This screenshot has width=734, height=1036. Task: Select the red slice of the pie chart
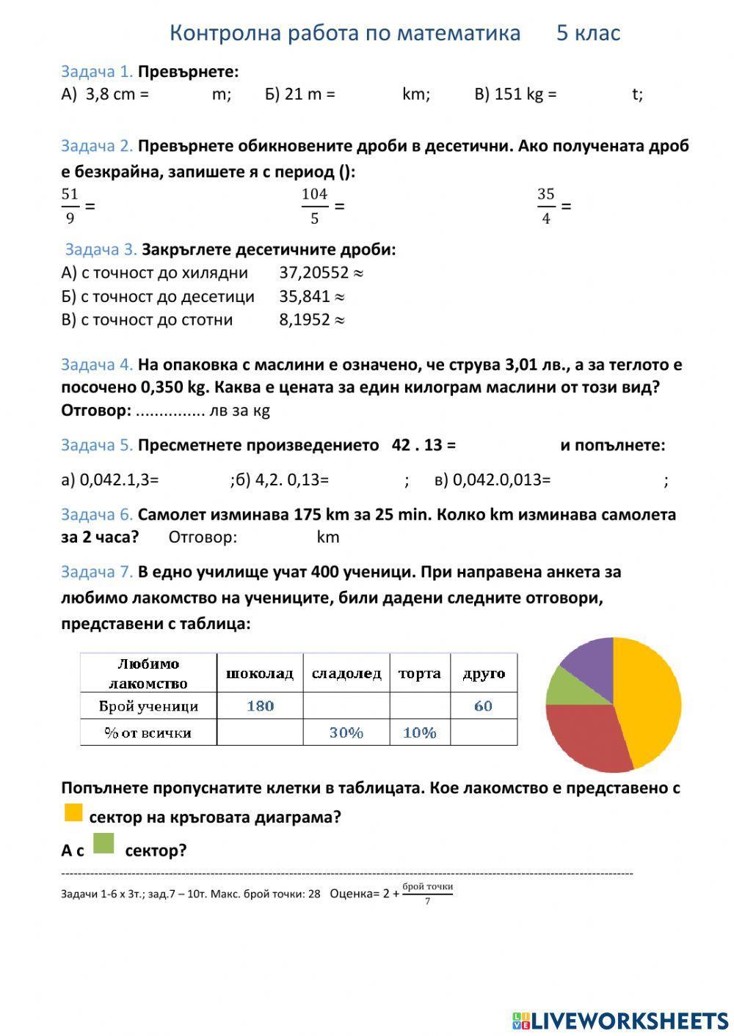tap(587, 737)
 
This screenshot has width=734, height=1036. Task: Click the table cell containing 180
tap(260, 706)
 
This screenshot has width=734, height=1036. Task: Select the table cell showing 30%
tap(346, 732)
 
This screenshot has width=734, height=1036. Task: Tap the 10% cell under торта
tap(420, 732)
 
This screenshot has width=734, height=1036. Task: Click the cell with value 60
tap(483, 706)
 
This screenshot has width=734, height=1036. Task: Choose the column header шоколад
tap(260, 673)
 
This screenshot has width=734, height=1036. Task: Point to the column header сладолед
tap(346, 673)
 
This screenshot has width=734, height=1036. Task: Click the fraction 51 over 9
tap(70, 206)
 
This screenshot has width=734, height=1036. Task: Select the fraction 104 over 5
tap(314, 206)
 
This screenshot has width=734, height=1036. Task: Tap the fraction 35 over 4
tap(545, 206)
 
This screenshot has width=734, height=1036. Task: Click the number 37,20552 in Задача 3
tap(313, 273)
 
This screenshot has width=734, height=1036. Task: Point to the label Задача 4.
tap(97, 364)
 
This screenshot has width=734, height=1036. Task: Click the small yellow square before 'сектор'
tap(73, 812)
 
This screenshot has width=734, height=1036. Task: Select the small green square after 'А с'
tap(103, 845)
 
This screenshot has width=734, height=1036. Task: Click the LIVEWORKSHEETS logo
tap(620, 1020)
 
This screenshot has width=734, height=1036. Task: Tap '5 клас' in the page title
tap(588, 33)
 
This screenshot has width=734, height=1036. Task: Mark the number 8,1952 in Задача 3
tap(304, 320)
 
